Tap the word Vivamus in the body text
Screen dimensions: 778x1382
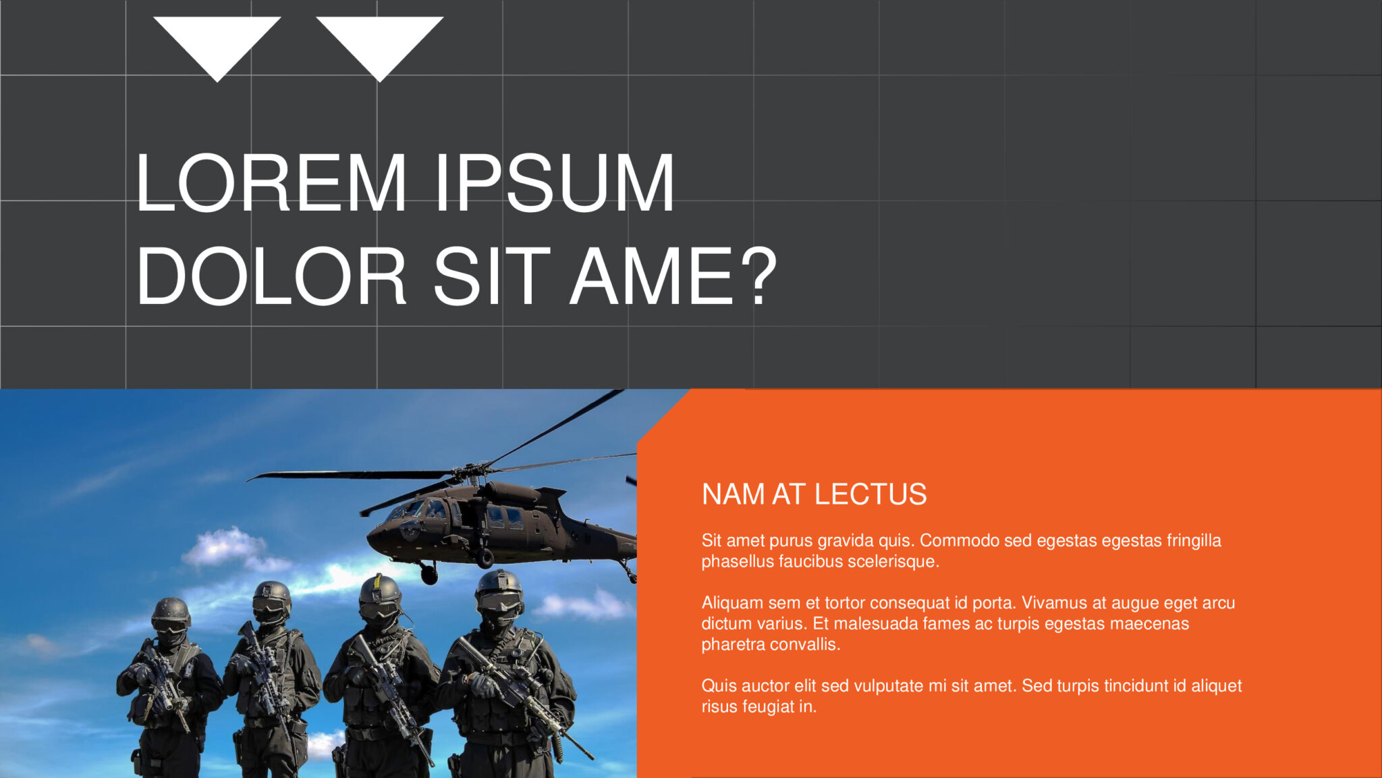pos(1052,602)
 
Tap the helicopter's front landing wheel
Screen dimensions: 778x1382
pos(429,575)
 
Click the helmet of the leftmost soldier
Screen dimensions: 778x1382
pos(170,609)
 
